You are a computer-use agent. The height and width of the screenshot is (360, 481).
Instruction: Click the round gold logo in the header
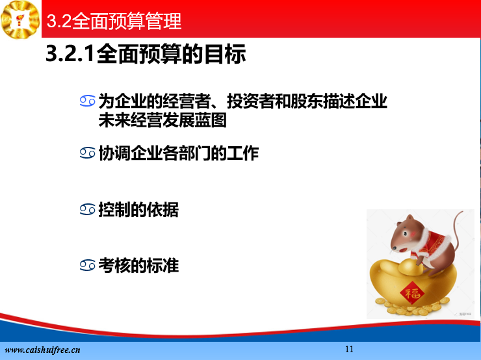tap(20, 19)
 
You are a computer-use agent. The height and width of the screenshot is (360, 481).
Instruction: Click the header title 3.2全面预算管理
tap(114, 21)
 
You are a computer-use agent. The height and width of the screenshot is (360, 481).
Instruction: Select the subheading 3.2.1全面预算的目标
tap(146, 54)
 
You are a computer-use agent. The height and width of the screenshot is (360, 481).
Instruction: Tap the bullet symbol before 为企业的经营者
tap(88, 101)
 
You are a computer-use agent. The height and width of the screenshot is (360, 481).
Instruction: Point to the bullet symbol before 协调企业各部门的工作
tap(88, 153)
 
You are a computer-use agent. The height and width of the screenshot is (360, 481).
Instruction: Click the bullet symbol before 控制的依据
tap(88, 210)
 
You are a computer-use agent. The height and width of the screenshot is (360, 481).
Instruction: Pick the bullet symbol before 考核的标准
tap(88, 265)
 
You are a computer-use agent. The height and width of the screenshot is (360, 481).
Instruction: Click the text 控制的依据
tap(138, 210)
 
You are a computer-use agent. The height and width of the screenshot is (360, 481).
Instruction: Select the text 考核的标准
tap(138, 265)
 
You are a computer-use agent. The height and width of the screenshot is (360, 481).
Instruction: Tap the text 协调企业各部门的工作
tap(179, 153)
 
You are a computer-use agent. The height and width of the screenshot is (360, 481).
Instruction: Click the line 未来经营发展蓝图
tap(162, 120)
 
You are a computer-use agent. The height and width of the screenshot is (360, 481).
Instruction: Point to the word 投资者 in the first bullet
tap(251, 101)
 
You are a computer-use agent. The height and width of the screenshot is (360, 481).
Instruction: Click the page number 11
tap(349, 349)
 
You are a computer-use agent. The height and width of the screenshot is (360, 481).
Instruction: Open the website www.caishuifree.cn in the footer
tap(43, 350)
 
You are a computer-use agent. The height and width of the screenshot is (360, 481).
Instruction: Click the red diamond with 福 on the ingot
tap(412, 293)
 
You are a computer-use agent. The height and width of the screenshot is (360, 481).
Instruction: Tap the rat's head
tap(405, 234)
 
